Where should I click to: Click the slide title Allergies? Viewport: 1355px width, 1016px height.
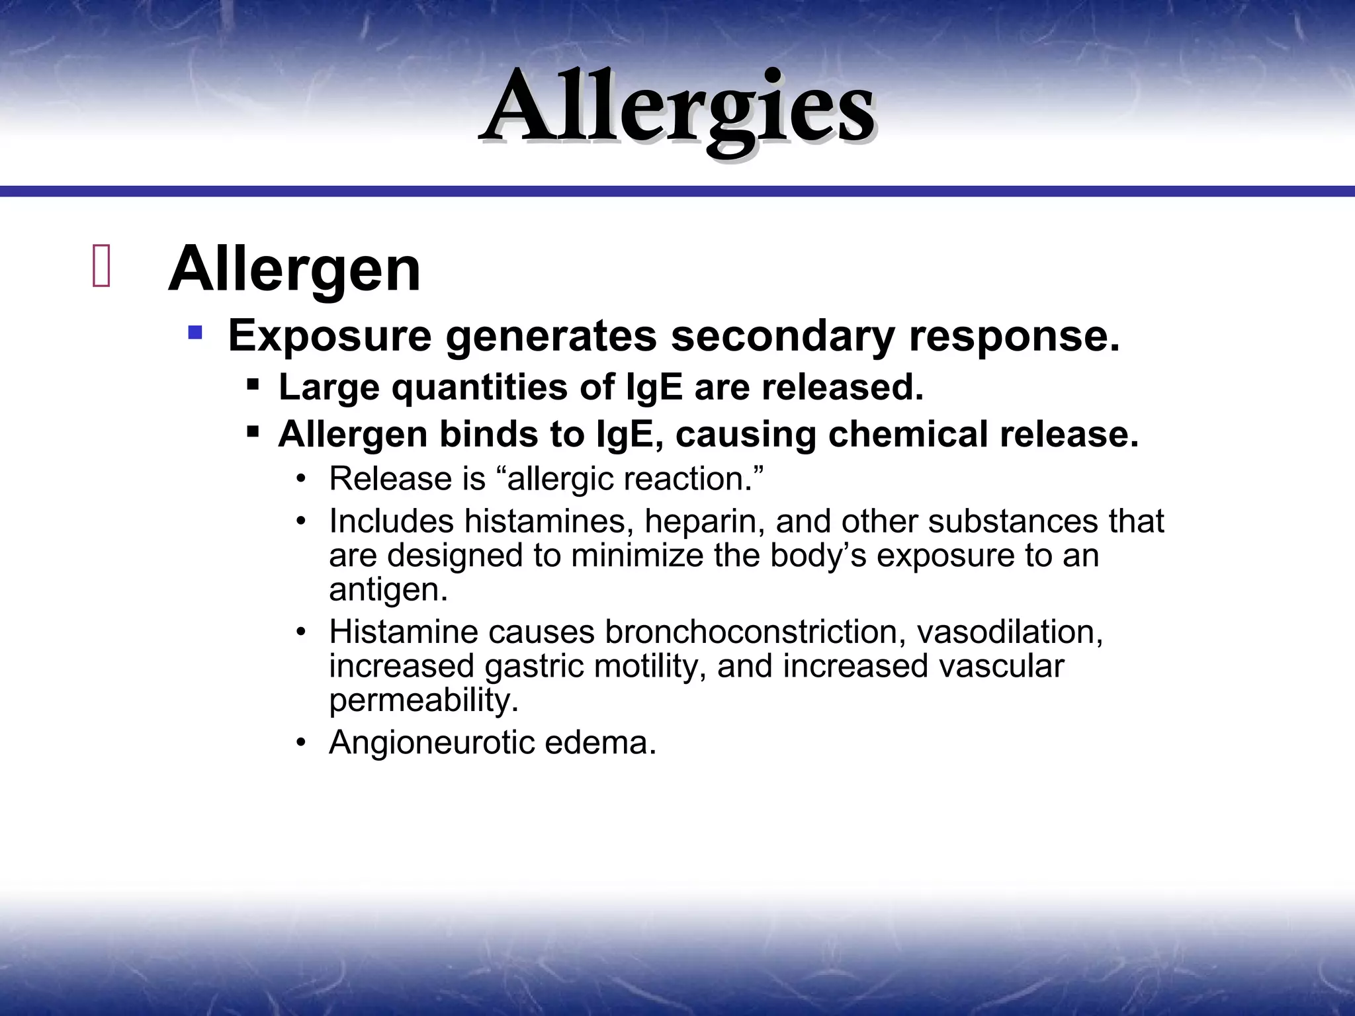pyautogui.click(x=677, y=110)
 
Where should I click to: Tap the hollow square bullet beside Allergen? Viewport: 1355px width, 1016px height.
pyautogui.click(x=101, y=267)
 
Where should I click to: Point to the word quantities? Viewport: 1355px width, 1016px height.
pyautogui.click(x=479, y=388)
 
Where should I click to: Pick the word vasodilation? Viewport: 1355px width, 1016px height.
pyautogui.click(x=1009, y=632)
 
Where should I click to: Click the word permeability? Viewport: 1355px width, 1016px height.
pyautogui.click(x=423, y=700)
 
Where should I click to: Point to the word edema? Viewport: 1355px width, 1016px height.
pyautogui.click(x=600, y=742)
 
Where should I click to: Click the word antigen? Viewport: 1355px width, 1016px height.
pyautogui.click(x=388, y=590)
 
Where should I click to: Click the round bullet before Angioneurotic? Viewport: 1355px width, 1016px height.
pyautogui.click(x=302, y=743)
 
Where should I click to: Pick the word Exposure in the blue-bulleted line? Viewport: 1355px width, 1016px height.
pyautogui.click(x=329, y=336)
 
